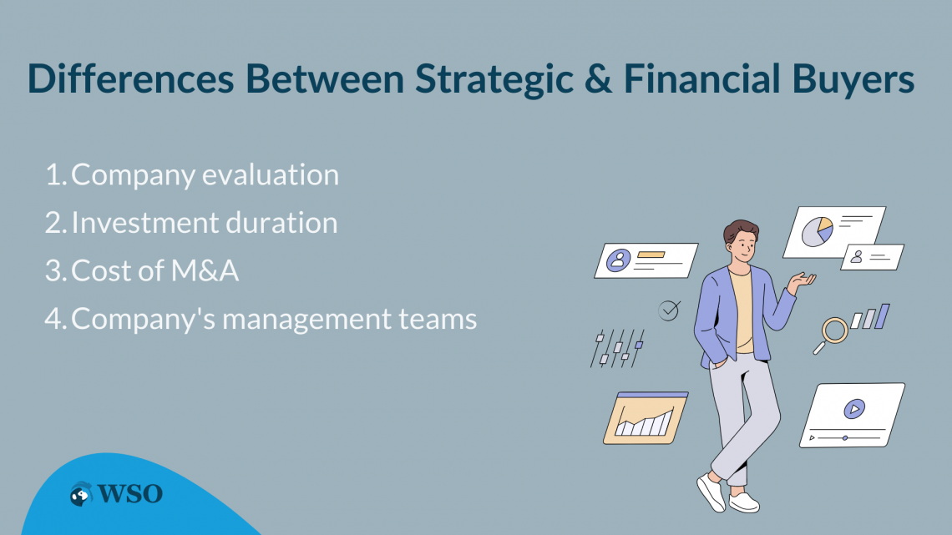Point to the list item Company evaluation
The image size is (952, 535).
pyautogui.click(x=205, y=174)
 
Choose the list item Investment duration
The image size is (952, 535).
pyautogui.click(x=205, y=223)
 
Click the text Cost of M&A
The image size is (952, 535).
pyautogui.click(x=155, y=270)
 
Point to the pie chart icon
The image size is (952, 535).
pyautogui.click(x=817, y=230)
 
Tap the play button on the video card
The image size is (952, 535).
pyautogui.click(x=853, y=409)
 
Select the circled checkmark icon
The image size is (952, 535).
pyautogui.click(x=669, y=310)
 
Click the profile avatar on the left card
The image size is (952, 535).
pyautogui.click(x=618, y=260)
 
